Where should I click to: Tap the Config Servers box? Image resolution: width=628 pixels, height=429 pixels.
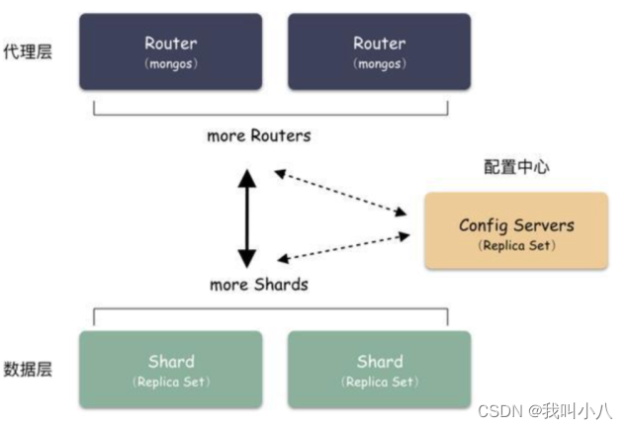pos(516,232)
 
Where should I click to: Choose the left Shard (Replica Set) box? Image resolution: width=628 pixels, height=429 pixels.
pos(170,370)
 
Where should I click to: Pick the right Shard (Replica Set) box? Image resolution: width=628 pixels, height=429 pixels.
pos(380,370)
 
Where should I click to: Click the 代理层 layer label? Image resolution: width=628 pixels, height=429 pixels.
pos(28,51)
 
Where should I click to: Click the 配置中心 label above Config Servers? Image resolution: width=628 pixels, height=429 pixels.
pos(517,167)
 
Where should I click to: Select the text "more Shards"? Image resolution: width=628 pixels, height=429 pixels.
pos(259,285)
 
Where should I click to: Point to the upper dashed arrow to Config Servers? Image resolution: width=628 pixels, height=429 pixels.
pos(341,192)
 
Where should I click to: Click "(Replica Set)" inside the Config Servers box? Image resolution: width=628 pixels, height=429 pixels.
pos(516,245)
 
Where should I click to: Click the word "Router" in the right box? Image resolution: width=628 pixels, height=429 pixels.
pos(380,43)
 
